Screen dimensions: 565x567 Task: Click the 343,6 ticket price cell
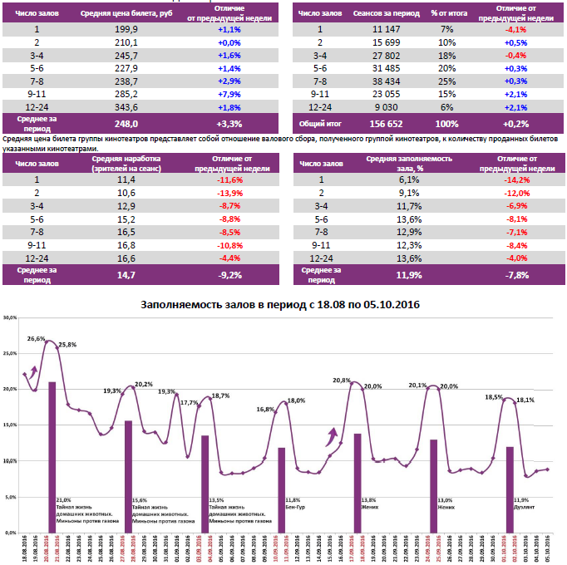coord(126,107)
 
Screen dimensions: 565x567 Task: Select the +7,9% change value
coord(229,95)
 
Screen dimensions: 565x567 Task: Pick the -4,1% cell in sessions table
coord(515,28)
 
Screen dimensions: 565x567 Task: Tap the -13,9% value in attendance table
coord(229,192)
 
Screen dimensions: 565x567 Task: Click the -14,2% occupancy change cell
coord(515,179)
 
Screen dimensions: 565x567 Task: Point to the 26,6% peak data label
coord(37,339)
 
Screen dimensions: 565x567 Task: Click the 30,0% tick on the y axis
coord(11,318)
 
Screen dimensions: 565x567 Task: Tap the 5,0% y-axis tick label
coord(12,496)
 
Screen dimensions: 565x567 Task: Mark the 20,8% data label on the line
coord(342,381)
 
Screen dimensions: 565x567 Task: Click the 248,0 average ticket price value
coord(126,123)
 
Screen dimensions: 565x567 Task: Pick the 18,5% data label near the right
coord(493,397)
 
